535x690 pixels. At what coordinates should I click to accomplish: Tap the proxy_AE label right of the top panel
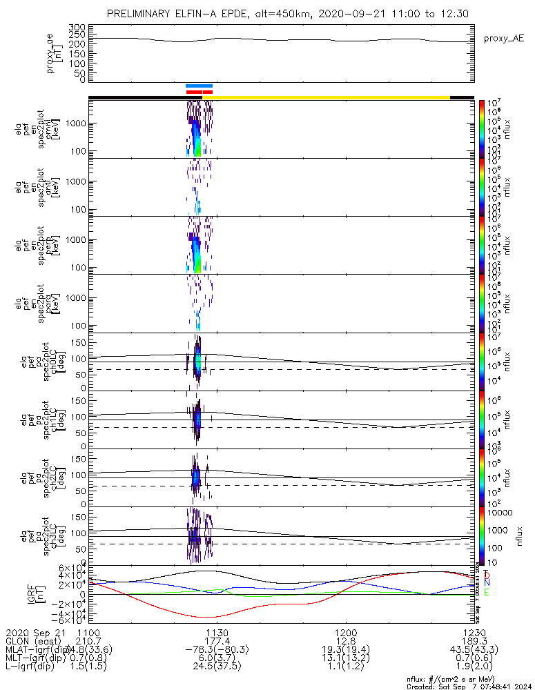point(498,39)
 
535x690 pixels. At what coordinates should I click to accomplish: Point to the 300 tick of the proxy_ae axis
point(77,28)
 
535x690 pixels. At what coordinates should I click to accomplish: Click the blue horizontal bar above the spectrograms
point(200,86)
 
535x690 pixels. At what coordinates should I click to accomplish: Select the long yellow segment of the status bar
point(331,97)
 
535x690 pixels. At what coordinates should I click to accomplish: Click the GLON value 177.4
point(217,642)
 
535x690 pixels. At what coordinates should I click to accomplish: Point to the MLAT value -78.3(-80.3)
point(217,651)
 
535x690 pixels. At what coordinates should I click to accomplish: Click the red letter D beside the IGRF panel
point(487,575)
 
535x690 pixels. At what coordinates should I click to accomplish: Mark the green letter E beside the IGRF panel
point(487,592)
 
